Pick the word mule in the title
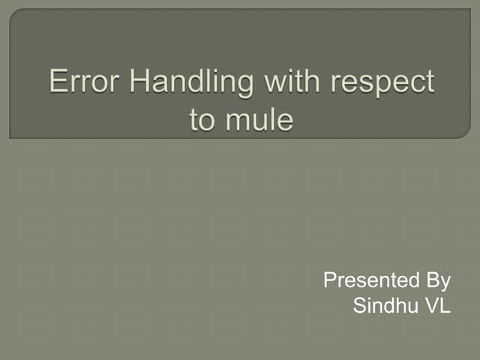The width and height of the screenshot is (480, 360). click(x=262, y=120)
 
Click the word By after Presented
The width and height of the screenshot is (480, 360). click(x=437, y=283)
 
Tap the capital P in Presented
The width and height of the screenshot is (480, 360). click(x=328, y=281)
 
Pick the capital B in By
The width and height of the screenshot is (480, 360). click(x=430, y=281)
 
